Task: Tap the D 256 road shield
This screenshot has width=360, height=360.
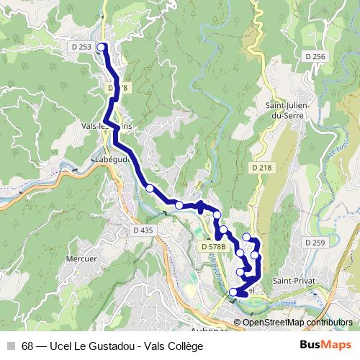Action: [315, 56]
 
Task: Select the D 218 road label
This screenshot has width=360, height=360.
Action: [263, 167]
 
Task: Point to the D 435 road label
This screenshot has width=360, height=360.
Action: [144, 230]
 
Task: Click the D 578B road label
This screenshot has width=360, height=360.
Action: [214, 246]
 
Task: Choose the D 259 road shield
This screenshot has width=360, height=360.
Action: [315, 243]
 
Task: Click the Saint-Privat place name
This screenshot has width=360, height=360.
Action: [292, 279]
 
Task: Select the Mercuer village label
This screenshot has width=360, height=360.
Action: [81, 258]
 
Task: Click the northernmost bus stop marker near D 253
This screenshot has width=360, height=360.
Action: [101, 48]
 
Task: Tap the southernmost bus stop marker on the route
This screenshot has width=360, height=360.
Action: [233, 292]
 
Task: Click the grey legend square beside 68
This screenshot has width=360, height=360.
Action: [11, 346]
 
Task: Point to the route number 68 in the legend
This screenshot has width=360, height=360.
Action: [27, 346]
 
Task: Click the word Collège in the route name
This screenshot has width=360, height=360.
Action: [184, 346]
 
